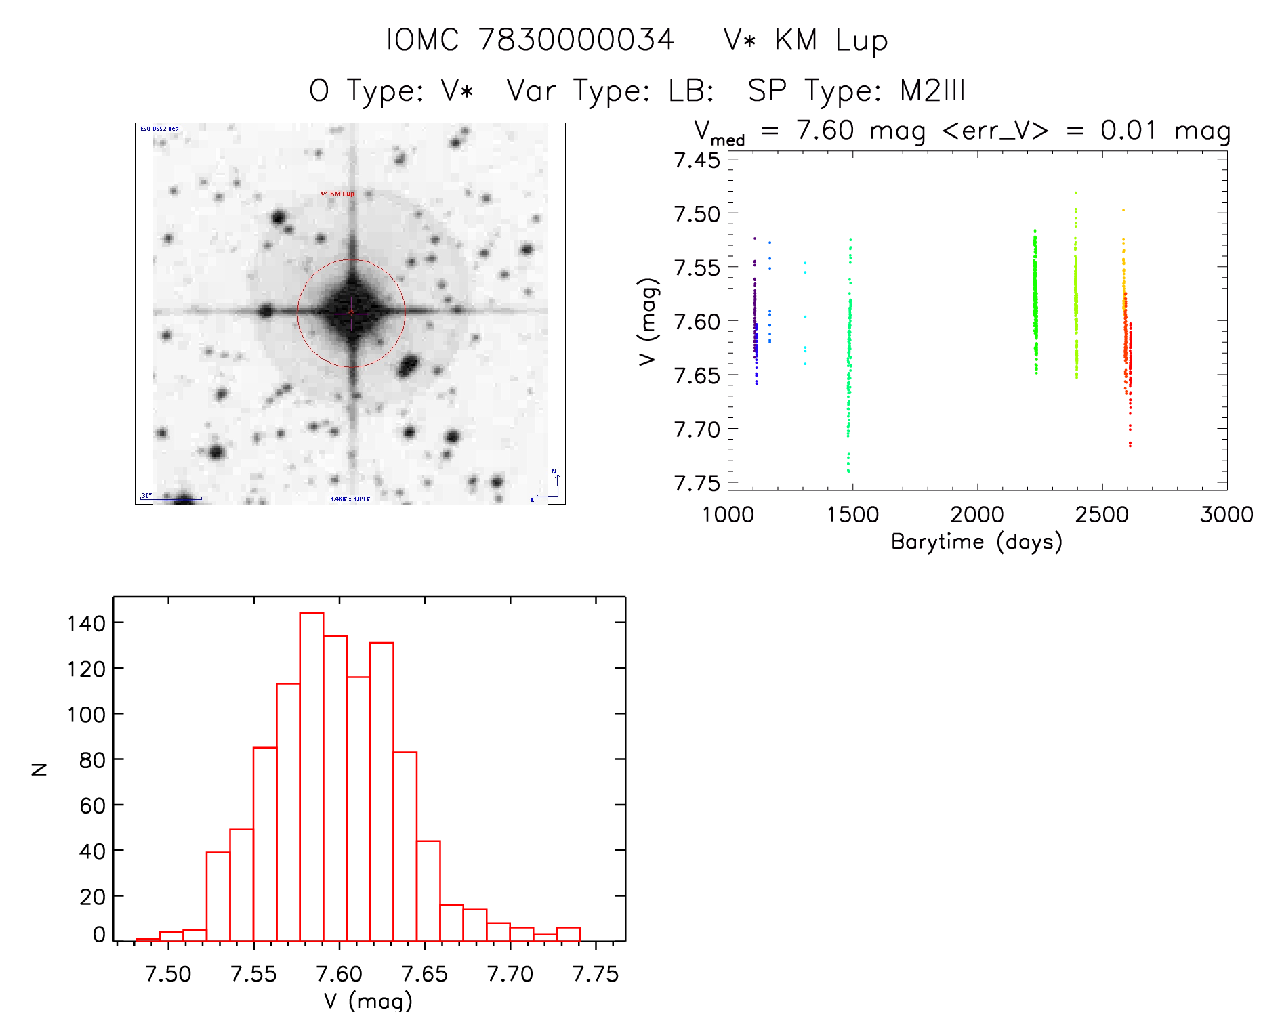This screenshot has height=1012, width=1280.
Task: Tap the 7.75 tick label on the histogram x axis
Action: click(x=595, y=974)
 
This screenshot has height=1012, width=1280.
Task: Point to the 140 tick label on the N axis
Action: click(x=86, y=623)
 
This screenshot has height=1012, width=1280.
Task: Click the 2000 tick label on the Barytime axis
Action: click(x=976, y=515)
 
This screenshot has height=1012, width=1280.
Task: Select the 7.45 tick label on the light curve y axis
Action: click(x=697, y=161)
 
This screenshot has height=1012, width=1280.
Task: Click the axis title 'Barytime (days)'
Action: click(x=976, y=542)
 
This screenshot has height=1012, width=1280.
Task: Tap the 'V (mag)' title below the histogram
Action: click(x=368, y=1000)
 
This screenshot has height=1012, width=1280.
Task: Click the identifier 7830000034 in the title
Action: click(x=576, y=41)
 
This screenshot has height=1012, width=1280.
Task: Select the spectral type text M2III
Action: click(x=932, y=91)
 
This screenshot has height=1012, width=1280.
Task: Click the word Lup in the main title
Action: click(x=861, y=41)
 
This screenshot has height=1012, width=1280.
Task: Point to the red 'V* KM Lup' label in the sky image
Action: click(x=337, y=194)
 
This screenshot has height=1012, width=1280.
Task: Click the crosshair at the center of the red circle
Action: click(x=351, y=312)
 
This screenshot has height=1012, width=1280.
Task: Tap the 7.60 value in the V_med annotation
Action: click(x=825, y=130)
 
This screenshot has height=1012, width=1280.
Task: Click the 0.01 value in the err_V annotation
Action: click(x=1128, y=130)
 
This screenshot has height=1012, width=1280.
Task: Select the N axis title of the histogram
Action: click(x=40, y=769)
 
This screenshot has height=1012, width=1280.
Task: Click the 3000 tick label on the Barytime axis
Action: click(x=1226, y=515)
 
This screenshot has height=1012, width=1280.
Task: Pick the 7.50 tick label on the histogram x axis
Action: click(x=168, y=974)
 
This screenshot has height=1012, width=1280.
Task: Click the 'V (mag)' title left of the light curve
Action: click(x=648, y=322)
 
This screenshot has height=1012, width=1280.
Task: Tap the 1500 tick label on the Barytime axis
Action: click(x=852, y=515)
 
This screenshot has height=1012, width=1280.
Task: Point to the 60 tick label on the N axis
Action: click(x=92, y=805)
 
